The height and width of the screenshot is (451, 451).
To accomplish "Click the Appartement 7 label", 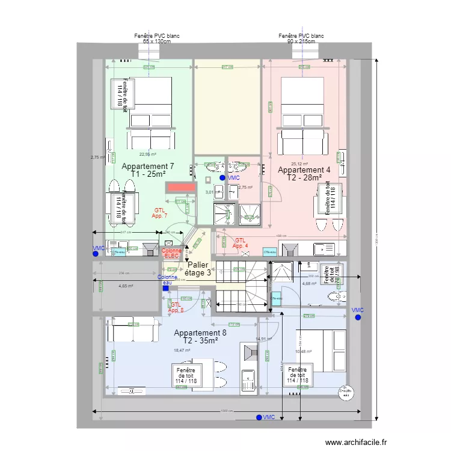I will [x=147, y=170].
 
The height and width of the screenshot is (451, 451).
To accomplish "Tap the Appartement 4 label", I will [x=304, y=174].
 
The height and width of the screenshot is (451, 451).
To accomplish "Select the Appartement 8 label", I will [x=200, y=337].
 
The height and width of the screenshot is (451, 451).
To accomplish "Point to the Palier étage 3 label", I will [x=198, y=269].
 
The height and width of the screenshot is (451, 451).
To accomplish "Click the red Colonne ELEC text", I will [x=172, y=253].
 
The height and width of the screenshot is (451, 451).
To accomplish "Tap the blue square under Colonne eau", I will [x=165, y=288].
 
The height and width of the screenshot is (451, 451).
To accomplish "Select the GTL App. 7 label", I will [x=159, y=213].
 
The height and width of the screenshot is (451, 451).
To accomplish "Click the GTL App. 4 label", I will [x=241, y=243].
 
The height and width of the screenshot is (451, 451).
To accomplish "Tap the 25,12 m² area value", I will [x=299, y=164].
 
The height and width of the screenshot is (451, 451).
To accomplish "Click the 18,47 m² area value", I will [x=182, y=351].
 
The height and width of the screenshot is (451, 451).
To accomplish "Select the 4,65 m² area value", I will [x=126, y=286].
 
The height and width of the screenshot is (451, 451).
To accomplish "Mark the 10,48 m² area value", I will [x=303, y=352].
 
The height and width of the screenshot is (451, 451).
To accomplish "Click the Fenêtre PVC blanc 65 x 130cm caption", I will [x=157, y=38].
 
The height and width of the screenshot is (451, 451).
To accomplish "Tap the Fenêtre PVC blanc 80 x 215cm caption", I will [x=301, y=38].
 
